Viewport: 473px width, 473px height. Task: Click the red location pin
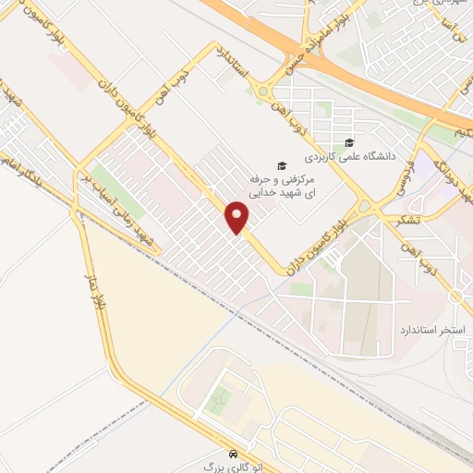[x=238, y=217]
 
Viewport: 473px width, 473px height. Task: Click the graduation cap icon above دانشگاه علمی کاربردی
[x=349, y=142]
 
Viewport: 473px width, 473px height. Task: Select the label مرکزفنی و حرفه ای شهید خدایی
[x=285, y=182]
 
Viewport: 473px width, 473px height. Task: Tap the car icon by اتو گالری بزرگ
[x=236, y=455]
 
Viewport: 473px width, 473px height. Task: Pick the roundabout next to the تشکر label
[x=364, y=206]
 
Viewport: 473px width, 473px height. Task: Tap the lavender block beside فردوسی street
[x=426, y=167]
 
